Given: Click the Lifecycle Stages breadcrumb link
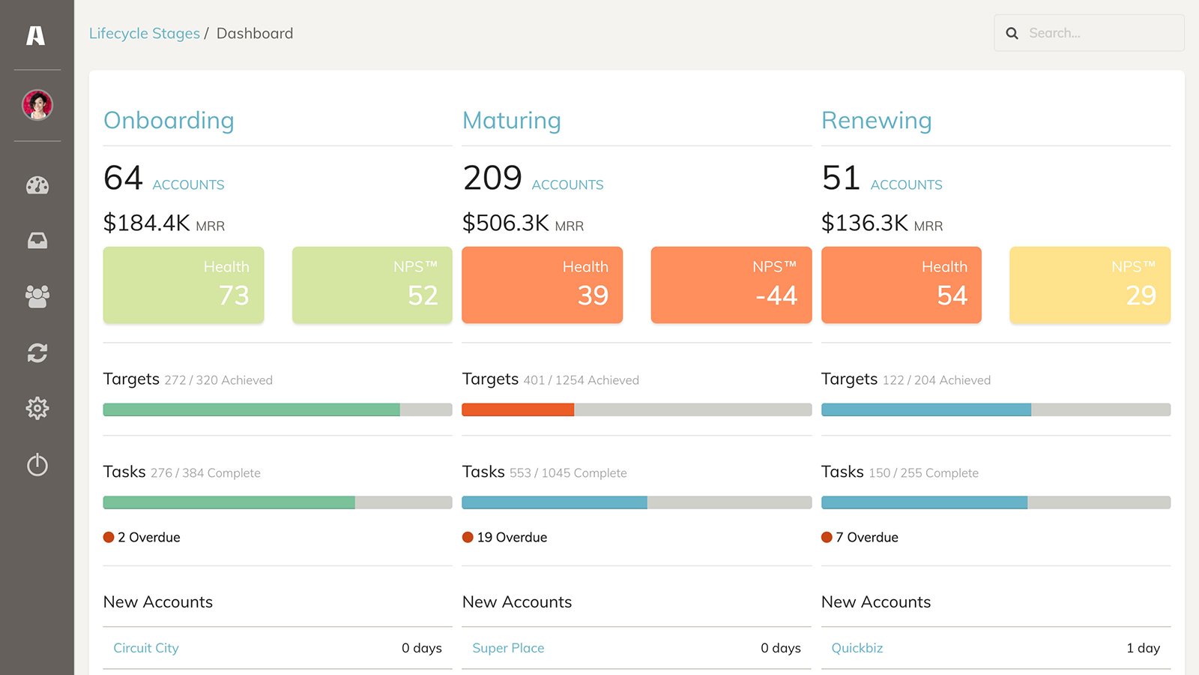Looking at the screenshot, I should pyautogui.click(x=144, y=34).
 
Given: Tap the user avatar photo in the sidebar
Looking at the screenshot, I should pyautogui.click(x=37, y=105).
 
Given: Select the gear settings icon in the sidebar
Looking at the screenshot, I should pyautogui.click(x=37, y=408).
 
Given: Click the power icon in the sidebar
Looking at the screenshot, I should pyautogui.click(x=37, y=465).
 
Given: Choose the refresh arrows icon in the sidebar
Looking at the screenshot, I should pyautogui.click(x=37, y=352).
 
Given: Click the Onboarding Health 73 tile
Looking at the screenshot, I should pyautogui.click(x=184, y=285).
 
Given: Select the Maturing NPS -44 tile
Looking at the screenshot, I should pyautogui.click(x=731, y=285).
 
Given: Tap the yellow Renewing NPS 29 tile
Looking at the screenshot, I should pyautogui.click(x=1090, y=285).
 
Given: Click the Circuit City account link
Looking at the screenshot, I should pyautogui.click(x=146, y=648).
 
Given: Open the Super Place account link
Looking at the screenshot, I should pyautogui.click(x=508, y=648).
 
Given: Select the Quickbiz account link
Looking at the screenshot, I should pyautogui.click(x=857, y=648).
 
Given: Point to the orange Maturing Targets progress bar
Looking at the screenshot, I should pyautogui.click(x=518, y=409).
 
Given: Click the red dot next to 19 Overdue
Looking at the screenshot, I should pyautogui.click(x=468, y=537).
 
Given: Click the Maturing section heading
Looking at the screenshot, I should pyautogui.click(x=511, y=121).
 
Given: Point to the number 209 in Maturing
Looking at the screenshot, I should pyautogui.click(x=492, y=178).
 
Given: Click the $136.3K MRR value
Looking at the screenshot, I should pyautogui.click(x=865, y=223).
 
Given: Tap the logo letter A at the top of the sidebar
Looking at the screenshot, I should pyautogui.click(x=36, y=35).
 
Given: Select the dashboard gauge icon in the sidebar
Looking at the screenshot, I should pyautogui.click(x=37, y=185).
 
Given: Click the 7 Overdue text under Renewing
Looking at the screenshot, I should pyautogui.click(x=866, y=537).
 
